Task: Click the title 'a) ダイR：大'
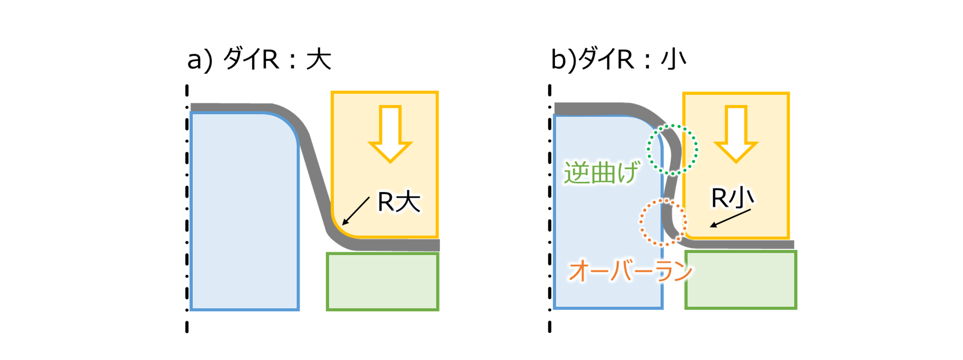[259, 59]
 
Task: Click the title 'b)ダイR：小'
[618, 59]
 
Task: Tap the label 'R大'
[399, 202]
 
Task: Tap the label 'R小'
[732, 198]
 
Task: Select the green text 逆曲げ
[602, 172]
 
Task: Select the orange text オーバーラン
[630, 271]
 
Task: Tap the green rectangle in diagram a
[383, 282]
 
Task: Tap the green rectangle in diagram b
[741, 280]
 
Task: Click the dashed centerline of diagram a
[187, 208]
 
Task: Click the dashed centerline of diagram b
[550, 208]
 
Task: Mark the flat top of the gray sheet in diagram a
[230, 107]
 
